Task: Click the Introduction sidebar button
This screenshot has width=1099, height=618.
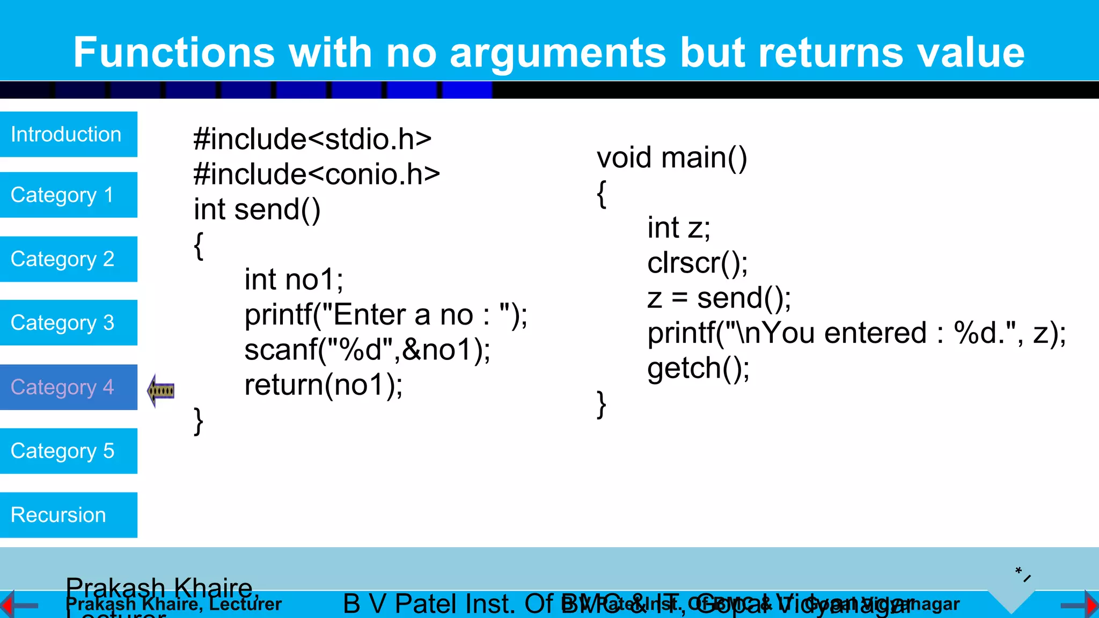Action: (x=68, y=134)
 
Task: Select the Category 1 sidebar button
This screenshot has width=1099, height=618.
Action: (x=68, y=195)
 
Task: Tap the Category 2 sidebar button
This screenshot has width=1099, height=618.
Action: (x=68, y=259)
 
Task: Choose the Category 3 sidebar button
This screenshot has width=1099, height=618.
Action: (x=68, y=322)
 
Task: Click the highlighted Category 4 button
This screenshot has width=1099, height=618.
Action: (x=68, y=387)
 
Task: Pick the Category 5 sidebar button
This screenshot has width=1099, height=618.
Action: (x=68, y=451)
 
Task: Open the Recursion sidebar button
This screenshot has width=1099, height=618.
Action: (x=68, y=515)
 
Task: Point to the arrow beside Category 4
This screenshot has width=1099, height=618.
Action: (x=161, y=390)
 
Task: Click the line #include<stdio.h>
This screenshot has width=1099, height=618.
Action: (x=312, y=139)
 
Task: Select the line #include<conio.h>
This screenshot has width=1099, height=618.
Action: (x=317, y=174)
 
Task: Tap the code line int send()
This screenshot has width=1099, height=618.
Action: (x=257, y=210)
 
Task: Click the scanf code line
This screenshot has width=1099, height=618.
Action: (x=367, y=350)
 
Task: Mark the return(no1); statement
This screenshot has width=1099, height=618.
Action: (x=324, y=385)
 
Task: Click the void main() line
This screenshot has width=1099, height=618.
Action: (x=672, y=158)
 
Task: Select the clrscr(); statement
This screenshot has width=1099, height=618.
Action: (x=698, y=263)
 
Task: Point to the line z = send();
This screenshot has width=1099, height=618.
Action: (x=719, y=298)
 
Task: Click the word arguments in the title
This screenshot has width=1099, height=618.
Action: (x=558, y=53)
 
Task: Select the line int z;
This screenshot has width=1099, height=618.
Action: (x=679, y=228)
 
